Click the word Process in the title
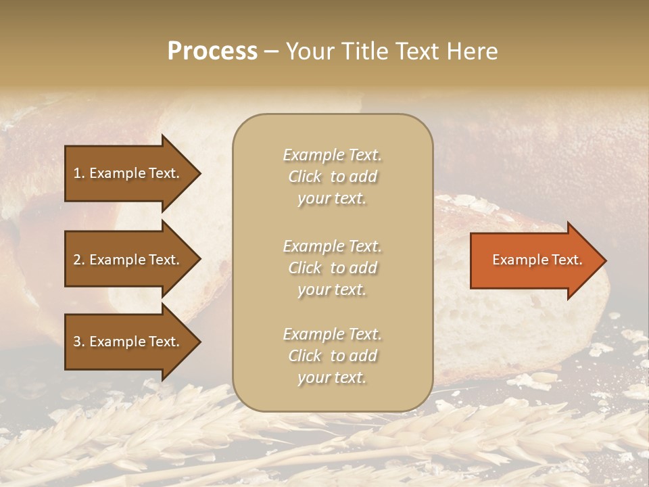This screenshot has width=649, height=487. [x=212, y=51]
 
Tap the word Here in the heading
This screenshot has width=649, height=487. [x=472, y=51]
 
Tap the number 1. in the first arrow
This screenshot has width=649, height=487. [x=79, y=173]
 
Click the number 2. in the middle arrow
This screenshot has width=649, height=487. [x=79, y=260]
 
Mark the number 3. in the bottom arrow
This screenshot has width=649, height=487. [x=79, y=342]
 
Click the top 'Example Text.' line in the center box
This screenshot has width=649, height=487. [x=332, y=155]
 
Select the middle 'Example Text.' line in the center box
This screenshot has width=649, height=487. [x=332, y=246]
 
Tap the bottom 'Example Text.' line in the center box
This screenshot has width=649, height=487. [x=332, y=334]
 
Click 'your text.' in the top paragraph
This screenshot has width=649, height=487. [x=332, y=199]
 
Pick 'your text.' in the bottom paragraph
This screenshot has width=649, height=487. [x=332, y=378]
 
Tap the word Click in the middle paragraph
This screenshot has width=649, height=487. [x=305, y=268]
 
